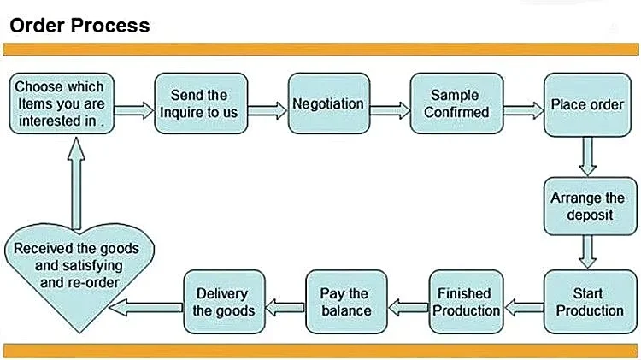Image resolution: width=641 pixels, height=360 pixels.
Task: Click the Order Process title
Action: coord(79,25)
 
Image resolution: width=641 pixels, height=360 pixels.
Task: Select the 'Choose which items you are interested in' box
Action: coord(59,103)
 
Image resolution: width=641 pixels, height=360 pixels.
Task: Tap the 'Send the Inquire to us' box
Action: coord(199,103)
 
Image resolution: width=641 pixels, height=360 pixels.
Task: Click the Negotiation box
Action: coord(327,103)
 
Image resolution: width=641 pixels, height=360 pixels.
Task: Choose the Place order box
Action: coord(586,104)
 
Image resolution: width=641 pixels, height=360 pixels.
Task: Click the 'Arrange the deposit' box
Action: coord(586,206)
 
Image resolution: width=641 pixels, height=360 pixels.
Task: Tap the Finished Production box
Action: coord(466,301)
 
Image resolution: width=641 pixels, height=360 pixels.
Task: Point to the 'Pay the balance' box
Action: coord(344,301)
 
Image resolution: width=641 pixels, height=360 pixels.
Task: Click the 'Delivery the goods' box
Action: coord(224,301)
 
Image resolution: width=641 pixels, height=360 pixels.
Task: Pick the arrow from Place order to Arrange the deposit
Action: coord(587,155)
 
